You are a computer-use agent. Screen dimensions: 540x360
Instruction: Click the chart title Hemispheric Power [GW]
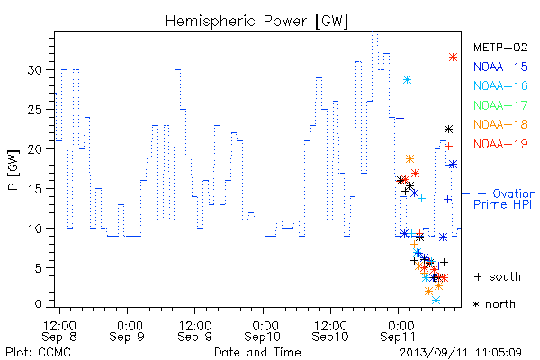[256, 22]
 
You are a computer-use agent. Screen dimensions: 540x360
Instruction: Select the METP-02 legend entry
[500, 47]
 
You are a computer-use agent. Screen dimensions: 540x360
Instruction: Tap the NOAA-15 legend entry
[500, 67]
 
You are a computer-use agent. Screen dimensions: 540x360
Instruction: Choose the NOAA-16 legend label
[500, 85]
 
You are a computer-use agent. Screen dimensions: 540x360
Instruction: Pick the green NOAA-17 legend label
[500, 105]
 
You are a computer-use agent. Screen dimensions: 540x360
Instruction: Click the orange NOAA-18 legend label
[500, 124]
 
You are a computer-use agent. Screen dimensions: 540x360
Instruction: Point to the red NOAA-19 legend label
[500, 144]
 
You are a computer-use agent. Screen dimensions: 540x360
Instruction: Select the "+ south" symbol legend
[498, 276]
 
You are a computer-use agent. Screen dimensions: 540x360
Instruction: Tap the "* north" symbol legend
[494, 304]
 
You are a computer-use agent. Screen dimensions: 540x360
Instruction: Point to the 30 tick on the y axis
[35, 70]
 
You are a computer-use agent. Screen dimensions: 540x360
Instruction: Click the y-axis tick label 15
[35, 189]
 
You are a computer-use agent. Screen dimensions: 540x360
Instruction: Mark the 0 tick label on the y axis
[38, 304]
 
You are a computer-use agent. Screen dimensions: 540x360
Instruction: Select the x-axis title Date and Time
[257, 353]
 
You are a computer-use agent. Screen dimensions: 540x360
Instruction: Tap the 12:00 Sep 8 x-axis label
[59, 331]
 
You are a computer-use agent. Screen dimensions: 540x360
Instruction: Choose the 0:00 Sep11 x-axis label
[398, 331]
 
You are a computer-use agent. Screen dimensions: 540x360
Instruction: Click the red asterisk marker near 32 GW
[453, 58]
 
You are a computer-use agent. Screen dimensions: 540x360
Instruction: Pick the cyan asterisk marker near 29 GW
[407, 80]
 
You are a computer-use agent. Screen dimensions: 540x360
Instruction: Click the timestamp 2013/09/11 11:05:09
[461, 353]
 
